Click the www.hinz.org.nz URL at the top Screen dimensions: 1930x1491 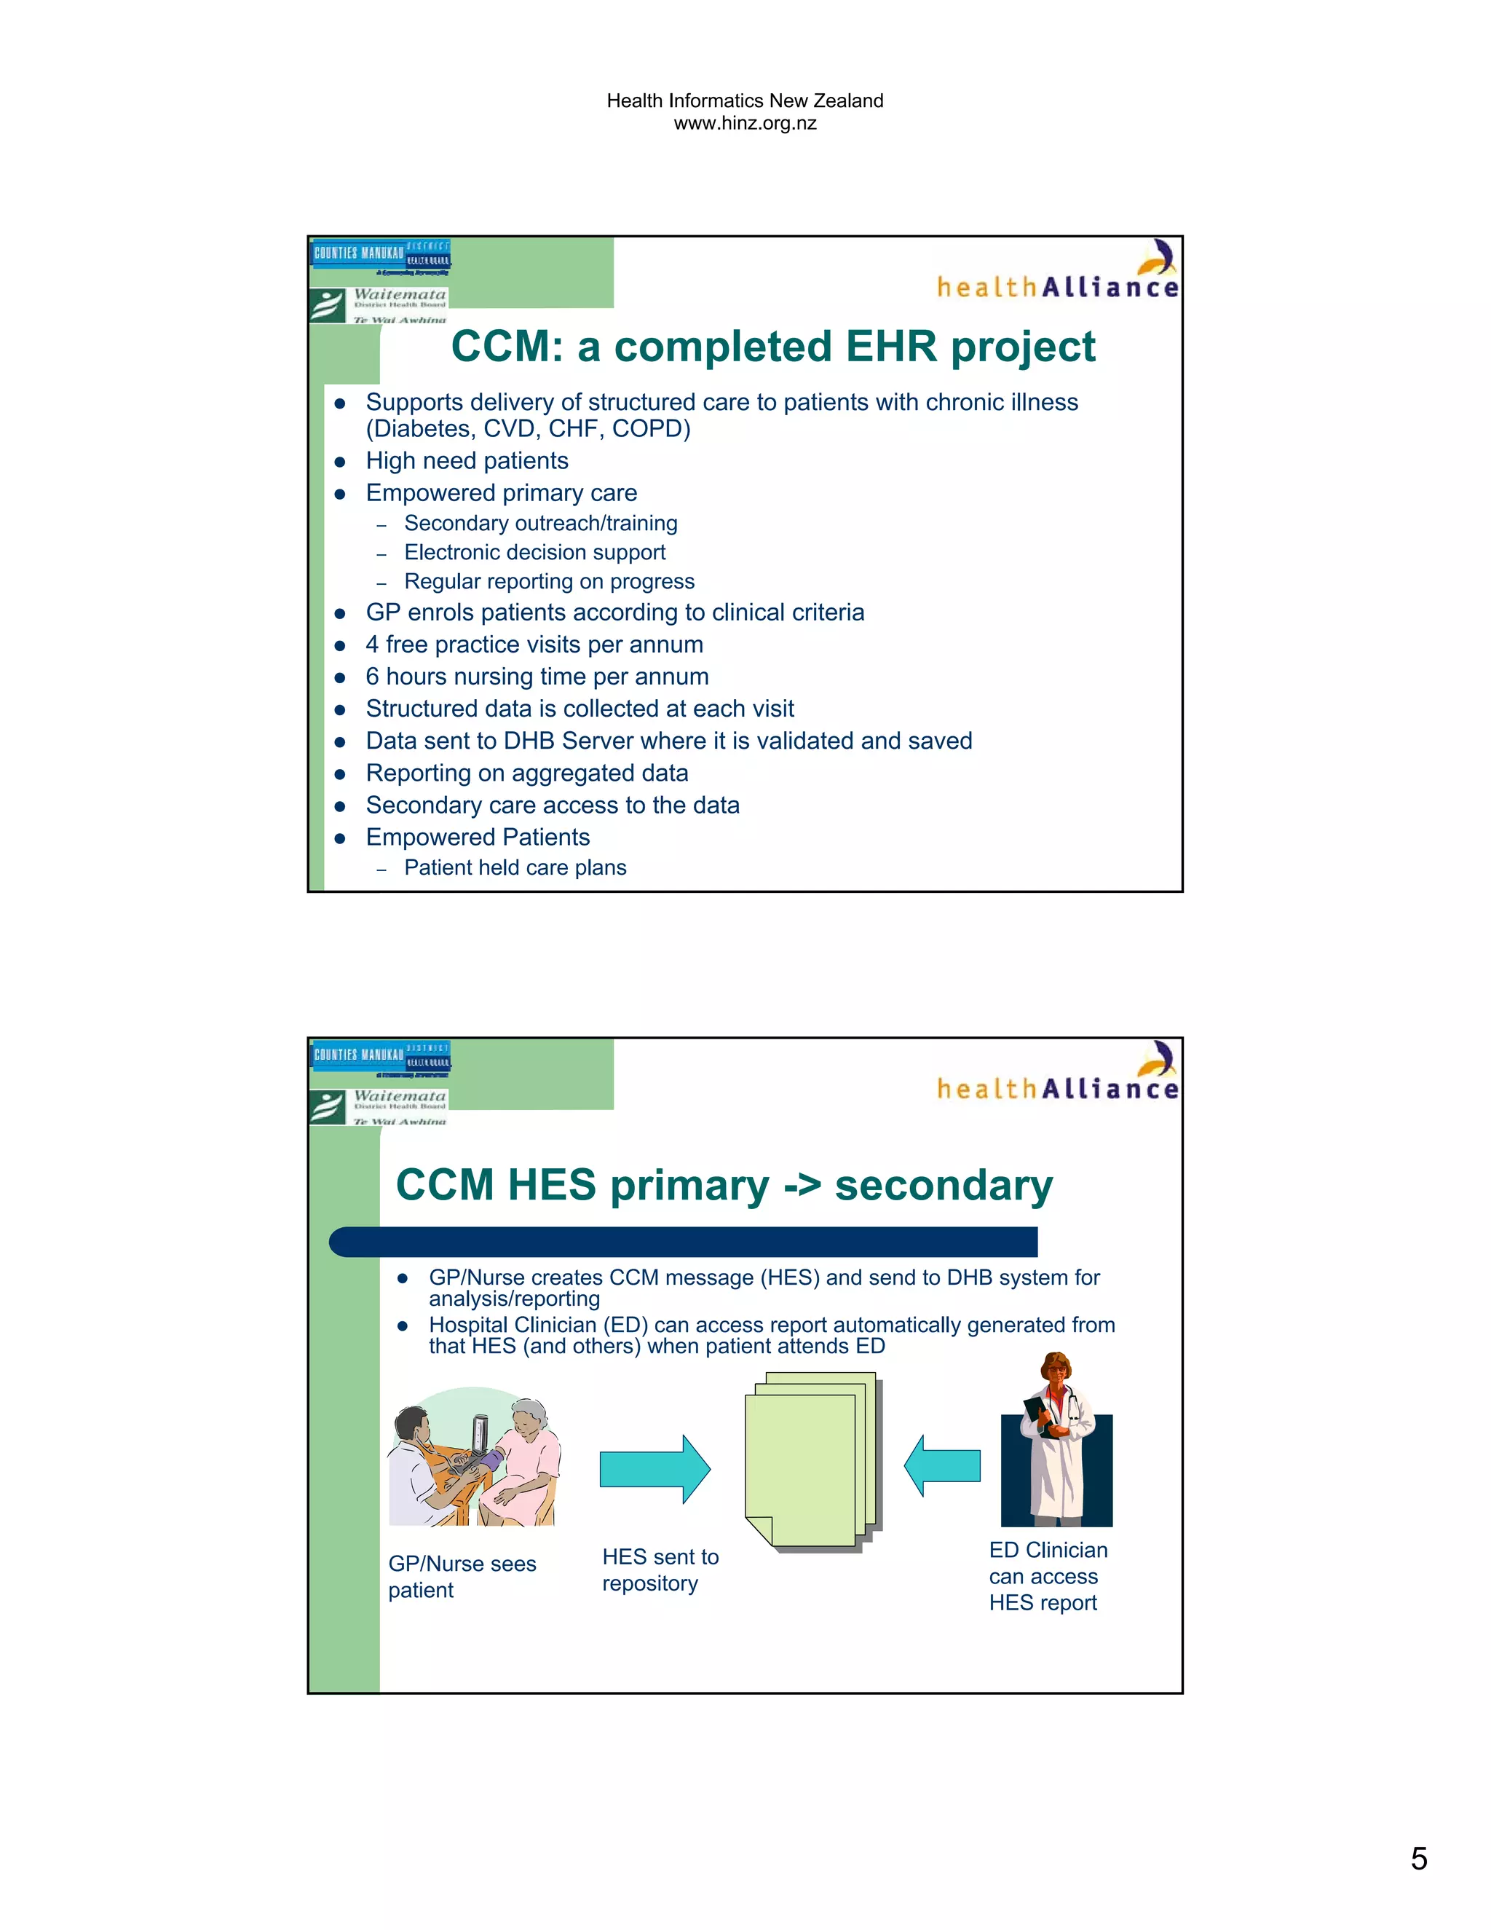[x=745, y=124]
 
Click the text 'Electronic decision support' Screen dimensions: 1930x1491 [x=534, y=552]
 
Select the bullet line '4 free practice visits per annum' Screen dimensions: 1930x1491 [x=534, y=645]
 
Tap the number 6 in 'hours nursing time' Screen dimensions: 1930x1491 [x=373, y=677]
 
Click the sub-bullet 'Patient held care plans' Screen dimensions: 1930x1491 [x=515, y=868]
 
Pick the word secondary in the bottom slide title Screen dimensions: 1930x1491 [x=944, y=1185]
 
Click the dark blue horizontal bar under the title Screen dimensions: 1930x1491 [x=683, y=1242]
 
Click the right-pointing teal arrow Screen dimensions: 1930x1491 [x=654, y=1469]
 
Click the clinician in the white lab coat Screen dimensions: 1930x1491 [x=1057, y=1441]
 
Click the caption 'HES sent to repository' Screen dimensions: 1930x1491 [x=660, y=1570]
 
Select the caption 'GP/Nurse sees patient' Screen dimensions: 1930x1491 [x=462, y=1577]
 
